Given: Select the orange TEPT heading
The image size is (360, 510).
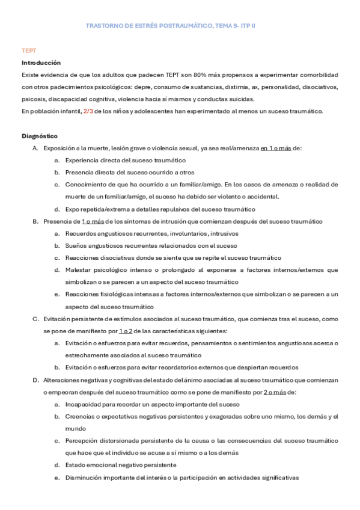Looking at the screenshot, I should point(28,51).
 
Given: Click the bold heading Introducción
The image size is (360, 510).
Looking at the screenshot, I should point(41,63).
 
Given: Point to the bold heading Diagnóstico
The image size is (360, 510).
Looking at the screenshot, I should point(40,136).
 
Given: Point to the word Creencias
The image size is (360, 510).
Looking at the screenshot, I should point(82,416).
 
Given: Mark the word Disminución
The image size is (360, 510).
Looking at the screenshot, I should point(85,478).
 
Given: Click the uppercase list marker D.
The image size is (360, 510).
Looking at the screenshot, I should point(35,380).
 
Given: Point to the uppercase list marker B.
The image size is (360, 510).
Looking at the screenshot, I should point(35,221).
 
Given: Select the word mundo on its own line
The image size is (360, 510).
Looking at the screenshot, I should point(76,429).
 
